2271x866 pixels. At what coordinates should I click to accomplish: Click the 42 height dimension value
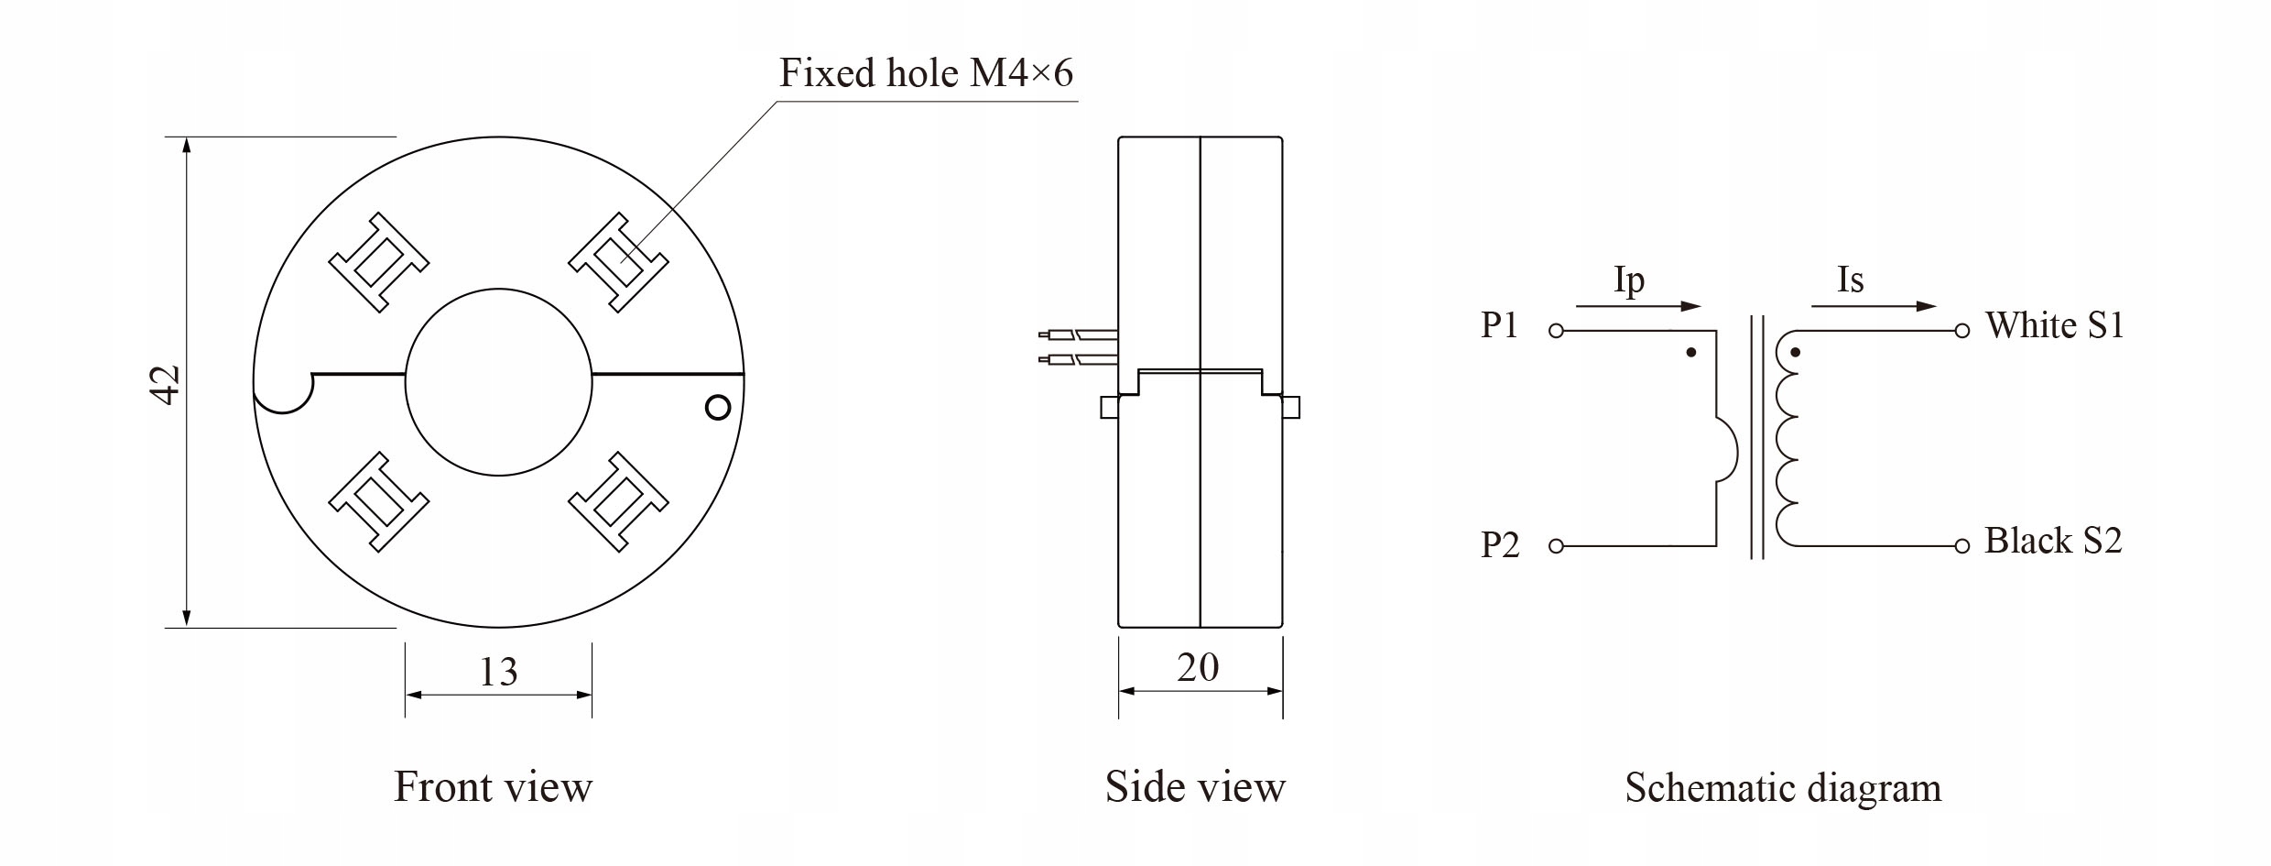point(167,385)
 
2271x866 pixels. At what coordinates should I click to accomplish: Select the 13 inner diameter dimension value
point(499,673)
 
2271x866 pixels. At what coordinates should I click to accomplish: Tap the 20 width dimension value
point(1198,668)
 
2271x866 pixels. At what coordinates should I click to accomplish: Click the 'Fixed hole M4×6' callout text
point(926,72)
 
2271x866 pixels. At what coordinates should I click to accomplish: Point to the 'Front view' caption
point(494,786)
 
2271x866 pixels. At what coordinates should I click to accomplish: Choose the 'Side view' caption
point(1195,786)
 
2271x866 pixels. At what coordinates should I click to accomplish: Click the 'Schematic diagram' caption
point(1783,787)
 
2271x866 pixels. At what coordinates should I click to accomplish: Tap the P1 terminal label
point(1500,325)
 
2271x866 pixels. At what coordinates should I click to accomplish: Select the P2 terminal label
point(1500,545)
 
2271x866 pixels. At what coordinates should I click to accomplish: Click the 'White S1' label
point(2055,325)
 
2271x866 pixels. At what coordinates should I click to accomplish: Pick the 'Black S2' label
point(2053,541)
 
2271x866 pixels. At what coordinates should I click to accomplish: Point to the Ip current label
point(1629,281)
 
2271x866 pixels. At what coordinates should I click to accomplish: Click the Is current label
point(1851,280)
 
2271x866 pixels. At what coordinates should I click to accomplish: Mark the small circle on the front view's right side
point(719,407)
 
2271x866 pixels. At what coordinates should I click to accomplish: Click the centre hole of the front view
point(499,382)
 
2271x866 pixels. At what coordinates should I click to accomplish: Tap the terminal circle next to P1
point(1556,331)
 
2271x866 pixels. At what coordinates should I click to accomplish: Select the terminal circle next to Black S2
point(1961,546)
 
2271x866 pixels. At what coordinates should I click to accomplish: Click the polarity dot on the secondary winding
point(1795,352)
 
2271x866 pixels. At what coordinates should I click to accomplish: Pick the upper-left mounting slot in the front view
point(378,263)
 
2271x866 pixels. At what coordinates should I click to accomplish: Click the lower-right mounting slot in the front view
point(619,501)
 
